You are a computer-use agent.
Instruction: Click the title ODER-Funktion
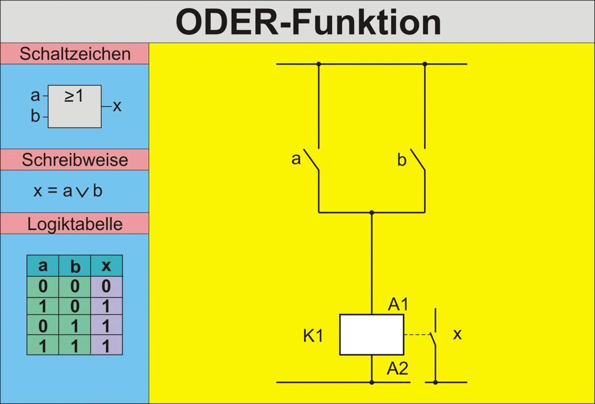(308, 22)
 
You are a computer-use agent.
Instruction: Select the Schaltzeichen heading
(75, 54)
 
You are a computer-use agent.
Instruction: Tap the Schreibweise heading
(75, 159)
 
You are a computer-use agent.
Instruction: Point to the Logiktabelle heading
(75, 224)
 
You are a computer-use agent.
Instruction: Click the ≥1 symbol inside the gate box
(74, 96)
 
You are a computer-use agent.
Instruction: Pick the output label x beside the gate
(117, 106)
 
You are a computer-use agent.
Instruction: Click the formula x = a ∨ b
(68, 190)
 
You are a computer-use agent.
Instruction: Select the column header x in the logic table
(106, 266)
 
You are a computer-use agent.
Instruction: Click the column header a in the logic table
(43, 266)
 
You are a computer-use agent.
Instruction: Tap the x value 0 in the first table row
(106, 287)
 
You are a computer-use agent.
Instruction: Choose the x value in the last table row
(106, 346)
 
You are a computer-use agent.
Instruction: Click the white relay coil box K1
(371, 335)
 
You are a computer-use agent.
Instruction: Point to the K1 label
(313, 336)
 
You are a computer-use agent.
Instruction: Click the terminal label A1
(398, 304)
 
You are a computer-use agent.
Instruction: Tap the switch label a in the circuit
(296, 158)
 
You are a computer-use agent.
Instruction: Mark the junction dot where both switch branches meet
(371, 213)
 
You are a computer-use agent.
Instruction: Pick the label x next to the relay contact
(457, 334)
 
